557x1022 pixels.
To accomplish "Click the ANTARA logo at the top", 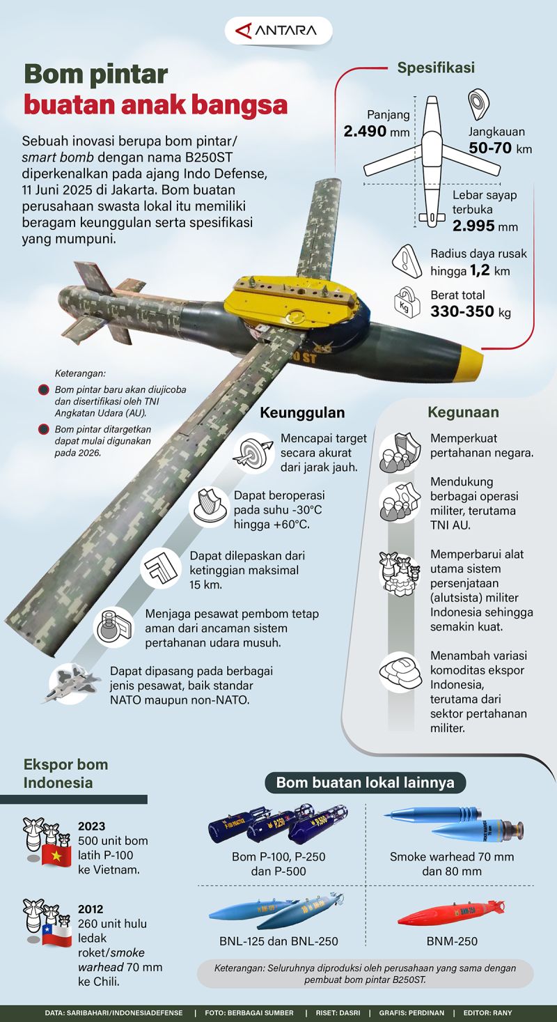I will tap(278, 31).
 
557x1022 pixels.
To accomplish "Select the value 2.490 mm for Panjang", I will tap(376, 131).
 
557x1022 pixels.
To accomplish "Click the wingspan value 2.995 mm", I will tap(485, 226).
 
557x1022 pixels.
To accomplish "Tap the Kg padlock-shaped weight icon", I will tap(408, 303).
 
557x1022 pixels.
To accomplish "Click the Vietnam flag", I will tap(52, 855).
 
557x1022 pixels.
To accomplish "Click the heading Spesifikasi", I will tap(436, 68).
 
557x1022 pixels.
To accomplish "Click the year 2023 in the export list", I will tap(91, 826).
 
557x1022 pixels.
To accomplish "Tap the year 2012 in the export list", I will tap(91, 909).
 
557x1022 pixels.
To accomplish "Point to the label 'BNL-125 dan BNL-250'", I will tap(278, 941).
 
